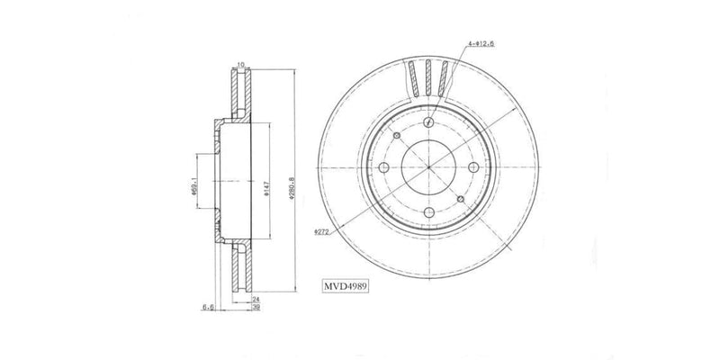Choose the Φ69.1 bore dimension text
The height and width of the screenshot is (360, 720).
[194, 187]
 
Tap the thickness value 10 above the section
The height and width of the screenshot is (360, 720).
[239, 63]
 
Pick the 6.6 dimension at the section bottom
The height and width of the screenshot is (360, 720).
[206, 307]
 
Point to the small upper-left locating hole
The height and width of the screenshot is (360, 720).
[396, 135]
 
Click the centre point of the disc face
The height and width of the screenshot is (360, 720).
[428, 169]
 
